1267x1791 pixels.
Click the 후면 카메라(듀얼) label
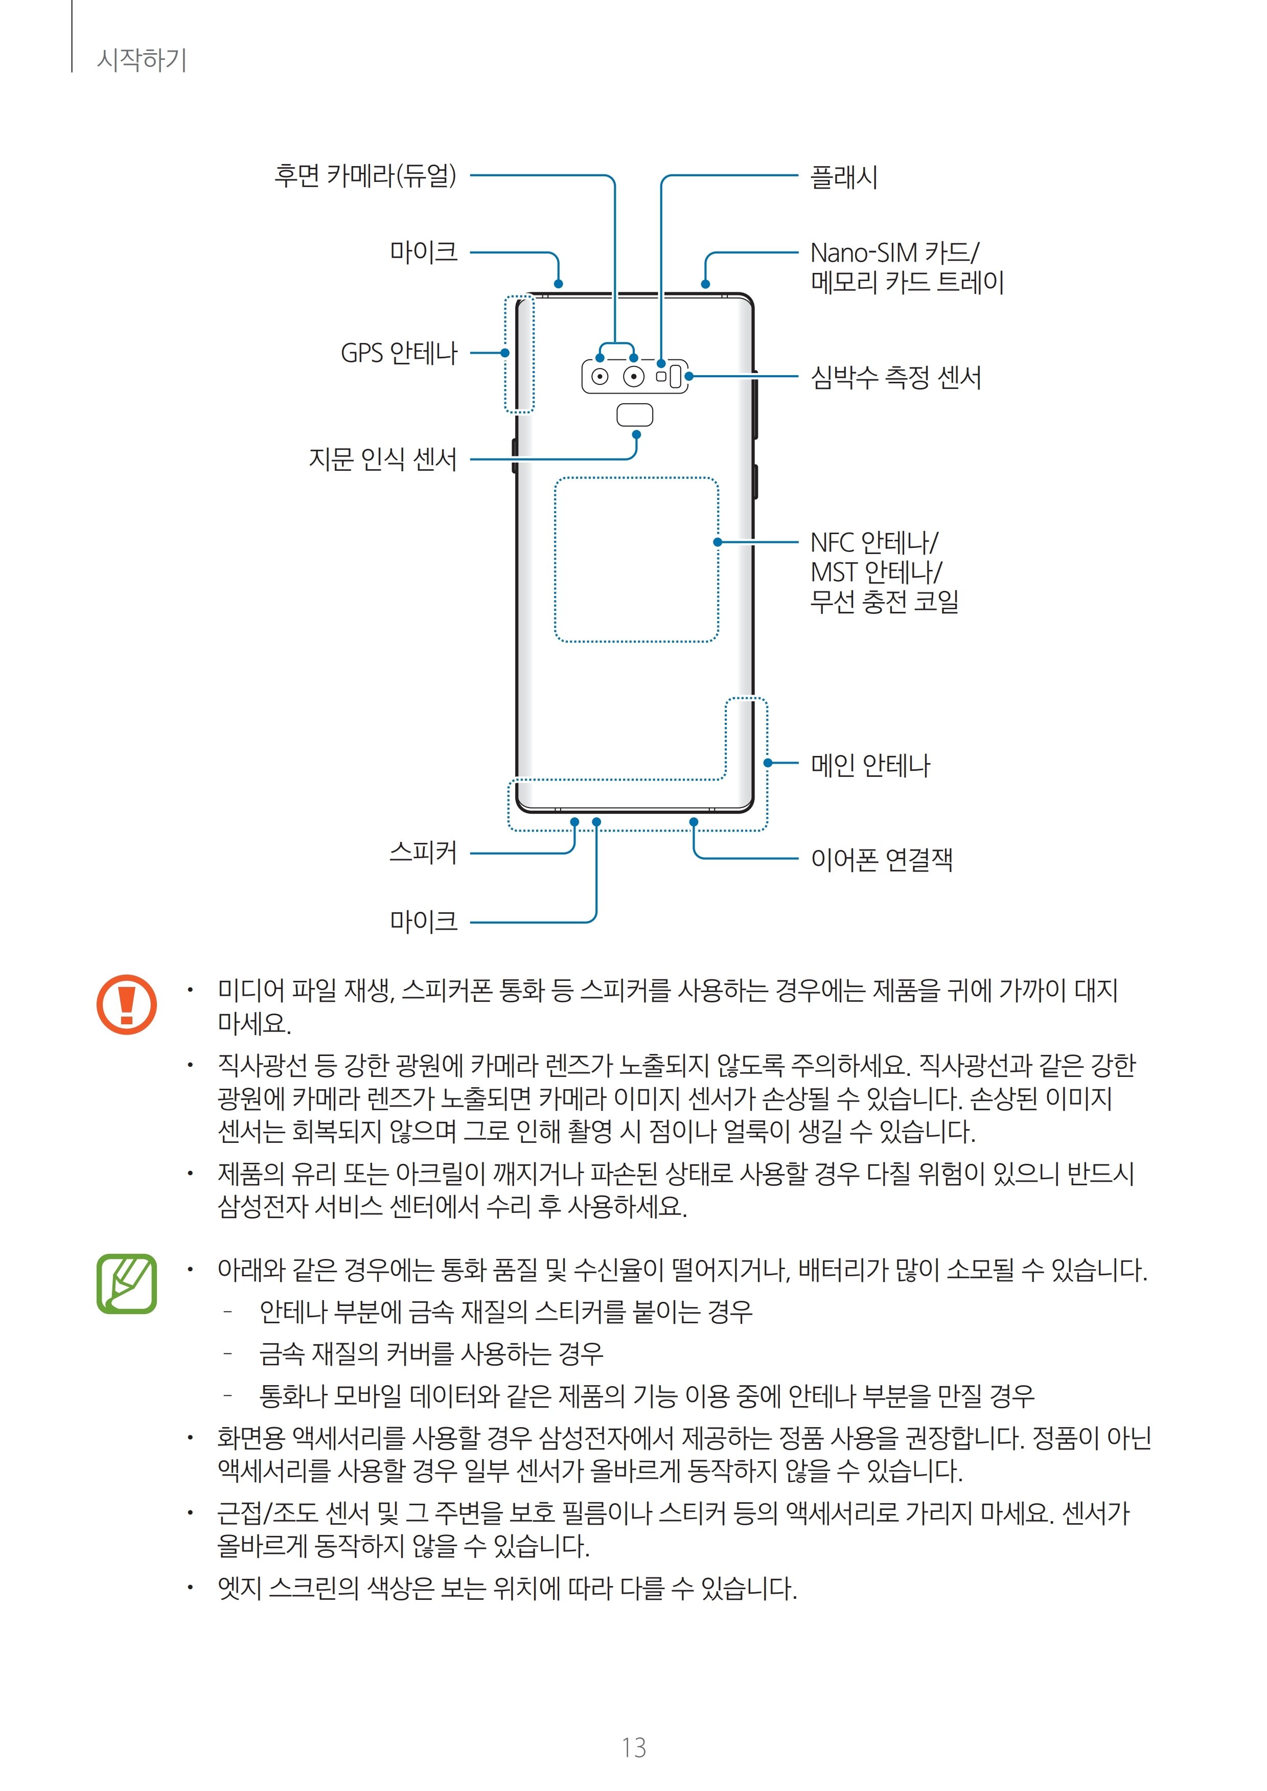click(364, 175)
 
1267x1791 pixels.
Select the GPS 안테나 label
click(399, 353)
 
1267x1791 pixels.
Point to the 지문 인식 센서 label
click(382, 458)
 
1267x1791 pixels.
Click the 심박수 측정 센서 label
click(895, 378)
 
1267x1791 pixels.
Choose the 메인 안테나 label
click(870, 765)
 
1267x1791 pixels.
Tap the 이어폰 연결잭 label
click(882, 860)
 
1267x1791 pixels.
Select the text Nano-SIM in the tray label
click(864, 254)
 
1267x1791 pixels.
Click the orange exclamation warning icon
click(126, 1005)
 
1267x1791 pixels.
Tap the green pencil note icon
click(126, 1283)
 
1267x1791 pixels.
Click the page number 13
click(634, 1748)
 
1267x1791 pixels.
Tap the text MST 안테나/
click(876, 572)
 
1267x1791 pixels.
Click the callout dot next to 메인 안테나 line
click(768, 763)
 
